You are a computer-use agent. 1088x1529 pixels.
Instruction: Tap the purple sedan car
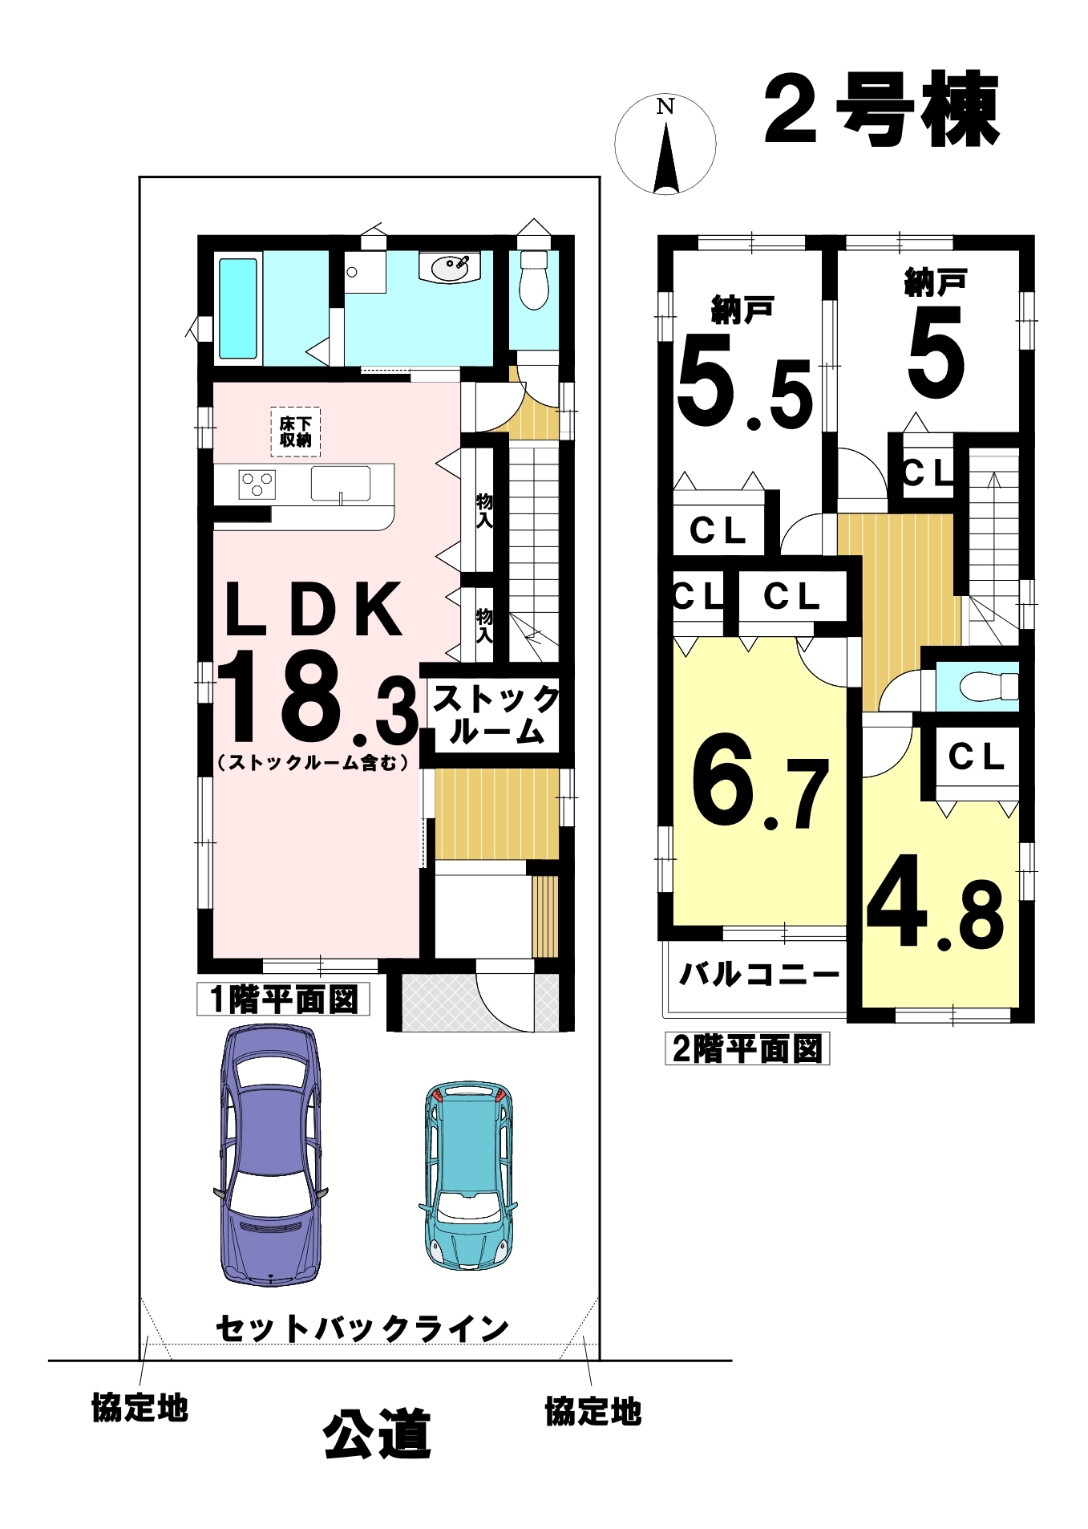coord(271,1155)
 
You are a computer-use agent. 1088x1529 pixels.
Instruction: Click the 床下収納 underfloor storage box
coord(296,432)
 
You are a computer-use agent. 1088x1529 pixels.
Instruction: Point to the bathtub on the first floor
coord(238,308)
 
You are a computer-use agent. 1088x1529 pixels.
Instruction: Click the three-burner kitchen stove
coord(257,484)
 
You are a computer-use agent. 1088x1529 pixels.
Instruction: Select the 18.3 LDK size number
coord(318,698)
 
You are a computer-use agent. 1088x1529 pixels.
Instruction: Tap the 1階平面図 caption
coord(284,1000)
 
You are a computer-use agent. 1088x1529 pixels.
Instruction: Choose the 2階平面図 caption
coord(747,1048)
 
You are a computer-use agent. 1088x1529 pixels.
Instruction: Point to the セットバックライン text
coord(362,1329)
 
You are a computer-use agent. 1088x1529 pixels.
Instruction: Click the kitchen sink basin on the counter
coord(341,484)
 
